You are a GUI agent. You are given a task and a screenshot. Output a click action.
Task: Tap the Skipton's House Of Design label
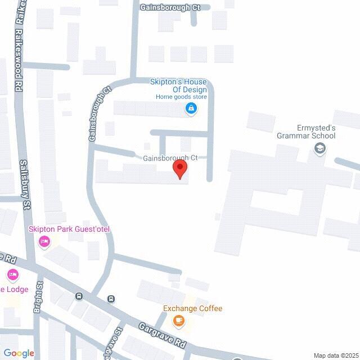click(x=178, y=85)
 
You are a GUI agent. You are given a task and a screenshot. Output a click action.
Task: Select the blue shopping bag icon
click(x=191, y=108)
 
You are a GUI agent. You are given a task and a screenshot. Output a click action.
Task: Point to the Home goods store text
click(x=182, y=97)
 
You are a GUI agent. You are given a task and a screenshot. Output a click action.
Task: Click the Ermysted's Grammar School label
click(x=306, y=131)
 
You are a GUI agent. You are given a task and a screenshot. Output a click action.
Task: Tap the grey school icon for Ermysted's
click(x=319, y=148)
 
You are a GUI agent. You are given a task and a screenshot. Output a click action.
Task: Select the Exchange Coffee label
click(x=192, y=308)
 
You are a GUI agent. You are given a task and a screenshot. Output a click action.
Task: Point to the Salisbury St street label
click(x=24, y=185)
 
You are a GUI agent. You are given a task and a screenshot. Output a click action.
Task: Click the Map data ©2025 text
click(x=335, y=355)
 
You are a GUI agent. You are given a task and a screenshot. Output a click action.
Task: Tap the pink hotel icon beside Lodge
click(x=12, y=275)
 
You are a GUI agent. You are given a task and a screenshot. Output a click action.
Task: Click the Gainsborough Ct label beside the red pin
click(x=169, y=158)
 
